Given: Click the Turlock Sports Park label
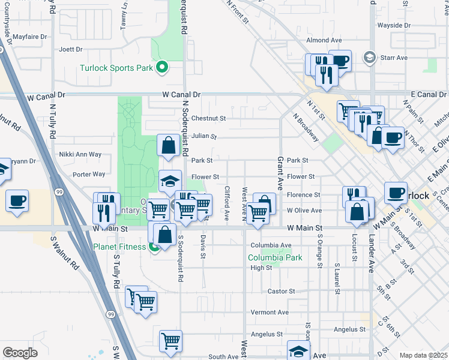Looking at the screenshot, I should pos(116,68).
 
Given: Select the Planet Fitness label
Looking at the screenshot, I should pos(119,247).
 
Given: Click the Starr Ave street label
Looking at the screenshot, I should pos(394,58).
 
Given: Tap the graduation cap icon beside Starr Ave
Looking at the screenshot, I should pos(370,58).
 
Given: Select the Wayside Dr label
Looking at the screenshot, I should pos(394,26).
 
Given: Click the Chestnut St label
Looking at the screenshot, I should pos(208,119).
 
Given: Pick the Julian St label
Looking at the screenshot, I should pos(204,136).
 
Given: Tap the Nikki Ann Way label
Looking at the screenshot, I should pos(80,155).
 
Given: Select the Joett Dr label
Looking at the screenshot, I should pos(70,49).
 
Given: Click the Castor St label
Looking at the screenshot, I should pos(281,291).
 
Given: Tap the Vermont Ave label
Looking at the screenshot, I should pos(270,312).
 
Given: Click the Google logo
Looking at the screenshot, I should pos(20,353).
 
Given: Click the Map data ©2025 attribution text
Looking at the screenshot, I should pos(423,355).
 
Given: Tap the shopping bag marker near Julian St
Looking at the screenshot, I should pos(168,145).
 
